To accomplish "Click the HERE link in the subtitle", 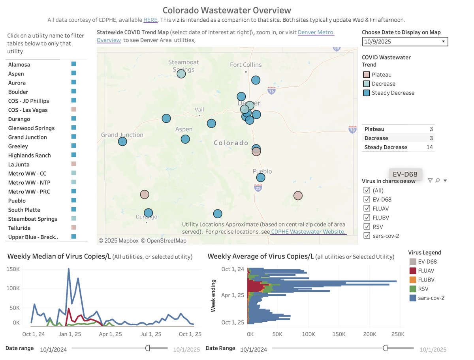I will (x=150, y=20).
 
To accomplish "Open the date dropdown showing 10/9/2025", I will (x=405, y=41).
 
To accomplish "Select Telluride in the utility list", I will (x=19, y=228).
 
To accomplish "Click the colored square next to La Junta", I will (x=73, y=164).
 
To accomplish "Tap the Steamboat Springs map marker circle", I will (x=181, y=73).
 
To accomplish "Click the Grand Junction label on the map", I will (x=122, y=135).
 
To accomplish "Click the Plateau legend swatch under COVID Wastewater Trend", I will (x=366, y=75).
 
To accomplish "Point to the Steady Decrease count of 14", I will (x=429, y=147).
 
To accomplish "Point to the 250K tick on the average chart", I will (x=397, y=334).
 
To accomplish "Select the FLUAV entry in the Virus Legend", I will (x=413, y=270).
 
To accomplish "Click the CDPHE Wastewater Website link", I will (x=308, y=232).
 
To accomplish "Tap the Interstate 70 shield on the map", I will (x=352, y=129).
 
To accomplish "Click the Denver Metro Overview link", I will (x=316, y=32).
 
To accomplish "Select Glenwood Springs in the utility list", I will (x=31, y=128).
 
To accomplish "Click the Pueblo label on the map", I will (x=262, y=171).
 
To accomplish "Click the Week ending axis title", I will (x=213, y=296).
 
